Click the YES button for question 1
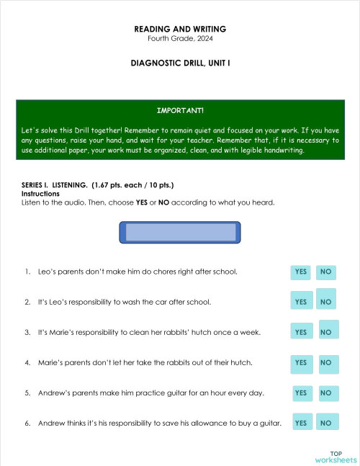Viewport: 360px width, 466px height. (301, 272)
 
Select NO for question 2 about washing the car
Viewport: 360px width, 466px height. (326, 302)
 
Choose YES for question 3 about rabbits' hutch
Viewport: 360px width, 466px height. (301, 332)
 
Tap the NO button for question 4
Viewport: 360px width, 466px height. (326, 363)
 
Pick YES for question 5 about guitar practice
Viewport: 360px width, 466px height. (301, 393)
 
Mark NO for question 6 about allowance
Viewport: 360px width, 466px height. (326, 424)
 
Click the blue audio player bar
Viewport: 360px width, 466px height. (180, 232)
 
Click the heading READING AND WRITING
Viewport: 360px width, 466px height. (180, 29)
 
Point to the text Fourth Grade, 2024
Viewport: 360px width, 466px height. (180, 38)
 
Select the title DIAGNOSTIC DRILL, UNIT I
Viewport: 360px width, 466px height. (180, 63)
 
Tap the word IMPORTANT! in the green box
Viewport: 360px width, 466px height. (180, 111)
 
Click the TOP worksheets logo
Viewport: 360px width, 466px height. (336, 457)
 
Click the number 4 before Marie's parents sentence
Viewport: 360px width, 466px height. (27, 363)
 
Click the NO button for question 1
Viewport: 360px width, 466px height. (326, 272)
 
